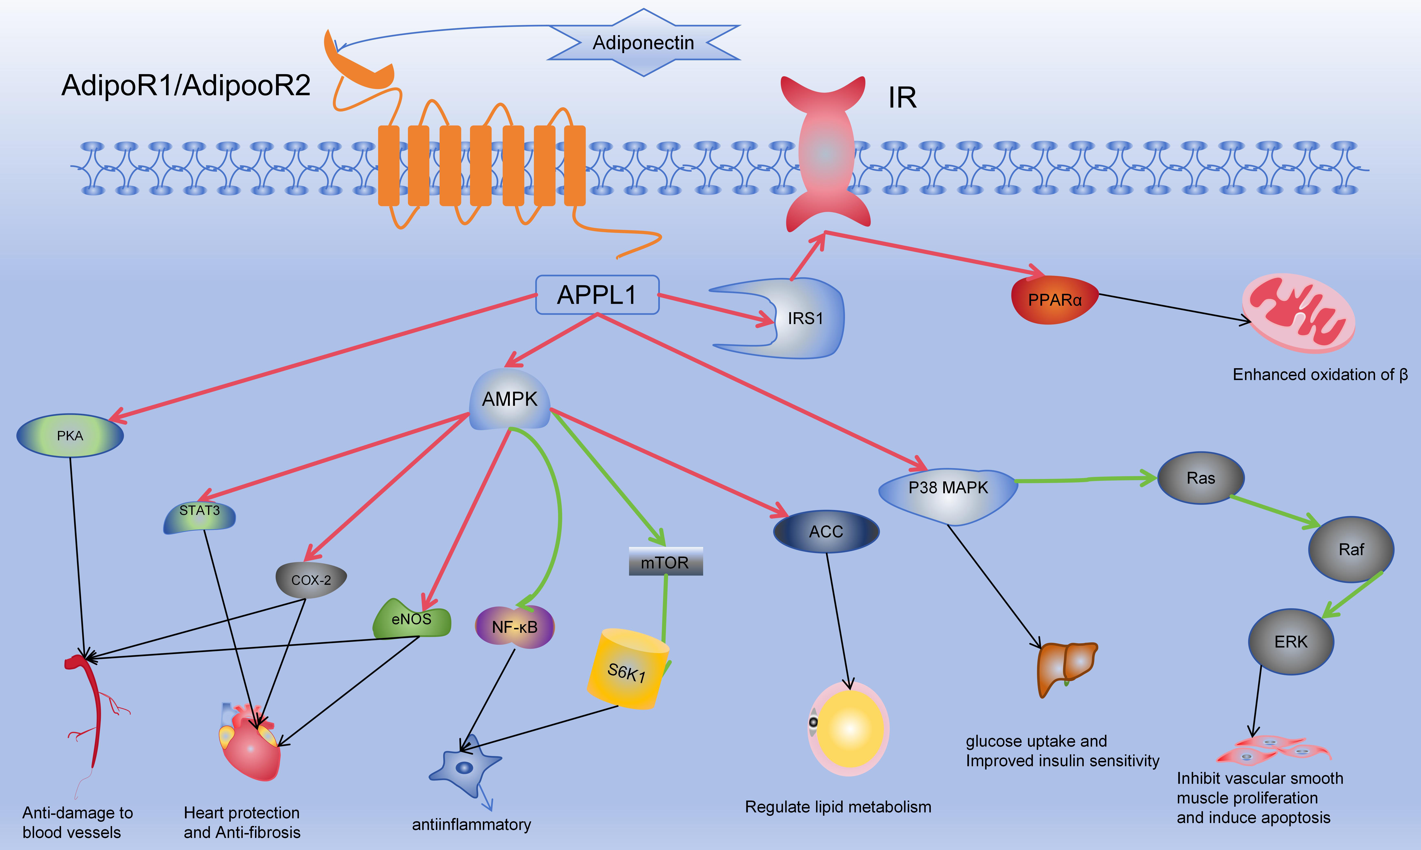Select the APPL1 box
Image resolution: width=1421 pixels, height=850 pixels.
click(597, 295)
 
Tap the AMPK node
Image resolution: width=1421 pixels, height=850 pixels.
click(509, 399)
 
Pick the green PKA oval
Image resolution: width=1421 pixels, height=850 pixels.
click(70, 436)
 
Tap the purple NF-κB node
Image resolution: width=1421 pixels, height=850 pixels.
click(514, 627)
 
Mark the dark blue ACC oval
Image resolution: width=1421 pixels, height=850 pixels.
click(826, 531)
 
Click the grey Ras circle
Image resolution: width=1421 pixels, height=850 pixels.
click(1201, 478)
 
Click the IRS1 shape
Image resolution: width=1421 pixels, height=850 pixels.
click(804, 319)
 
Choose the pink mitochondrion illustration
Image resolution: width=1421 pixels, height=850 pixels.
click(1298, 313)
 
